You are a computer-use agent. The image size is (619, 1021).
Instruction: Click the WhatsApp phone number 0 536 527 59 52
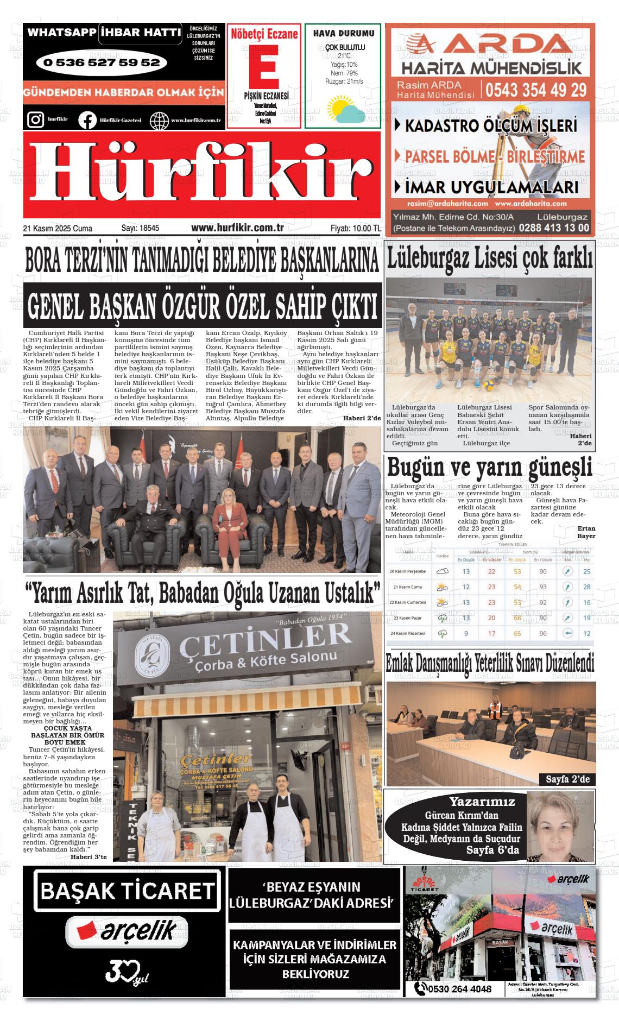pyautogui.click(x=101, y=63)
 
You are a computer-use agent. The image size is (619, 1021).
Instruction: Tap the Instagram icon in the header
pyautogui.click(x=35, y=119)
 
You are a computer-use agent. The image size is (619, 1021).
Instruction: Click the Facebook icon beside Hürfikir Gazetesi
pyautogui.click(x=87, y=119)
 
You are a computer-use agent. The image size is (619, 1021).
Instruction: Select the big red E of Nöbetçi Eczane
pyautogui.click(x=264, y=65)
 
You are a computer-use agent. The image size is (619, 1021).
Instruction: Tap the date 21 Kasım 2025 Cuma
pyautogui.click(x=58, y=229)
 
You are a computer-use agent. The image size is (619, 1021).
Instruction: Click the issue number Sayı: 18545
pyautogui.click(x=140, y=229)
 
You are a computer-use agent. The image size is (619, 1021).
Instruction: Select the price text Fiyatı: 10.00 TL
pyautogui.click(x=355, y=229)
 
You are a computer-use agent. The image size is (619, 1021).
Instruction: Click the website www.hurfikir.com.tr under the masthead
pyautogui.click(x=237, y=228)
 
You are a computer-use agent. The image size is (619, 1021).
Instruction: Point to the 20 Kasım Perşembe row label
pyautogui.click(x=408, y=571)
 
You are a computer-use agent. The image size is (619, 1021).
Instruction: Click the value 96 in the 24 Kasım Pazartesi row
pyautogui.click(x=543, y=633)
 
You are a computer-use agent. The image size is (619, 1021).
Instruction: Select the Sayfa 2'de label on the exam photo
pyautogui.click(x=567, y=779)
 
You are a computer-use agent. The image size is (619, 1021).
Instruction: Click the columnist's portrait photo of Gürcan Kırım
pyautogui.click(x=560, y=826)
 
